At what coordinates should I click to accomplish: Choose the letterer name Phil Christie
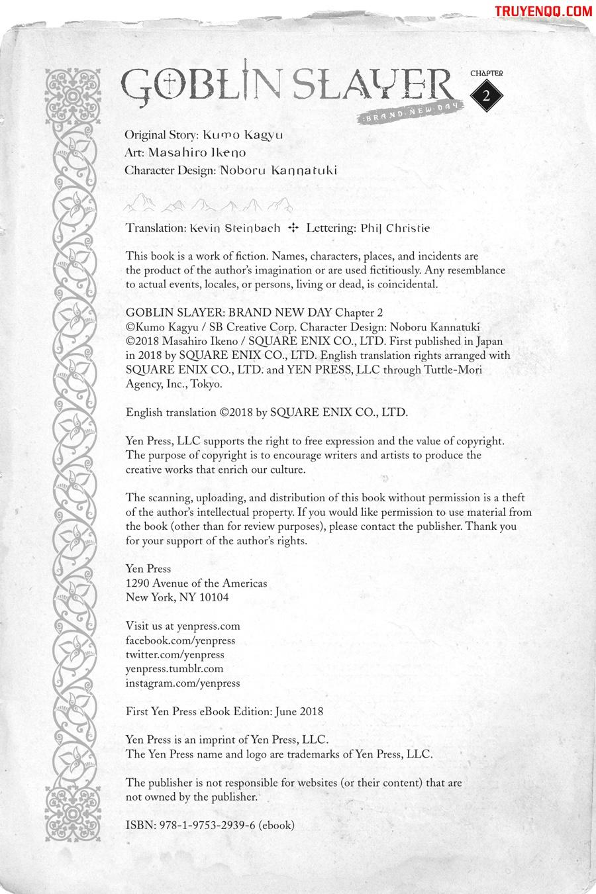tap(395, 228)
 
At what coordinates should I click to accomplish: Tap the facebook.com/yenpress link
tap(180, 640)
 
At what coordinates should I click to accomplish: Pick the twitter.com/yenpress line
tap(175, 654)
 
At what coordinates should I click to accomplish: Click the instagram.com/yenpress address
tap(183, 683)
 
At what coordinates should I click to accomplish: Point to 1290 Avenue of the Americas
tap(197, 583)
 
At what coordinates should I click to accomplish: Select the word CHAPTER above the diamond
tap(487, 74)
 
